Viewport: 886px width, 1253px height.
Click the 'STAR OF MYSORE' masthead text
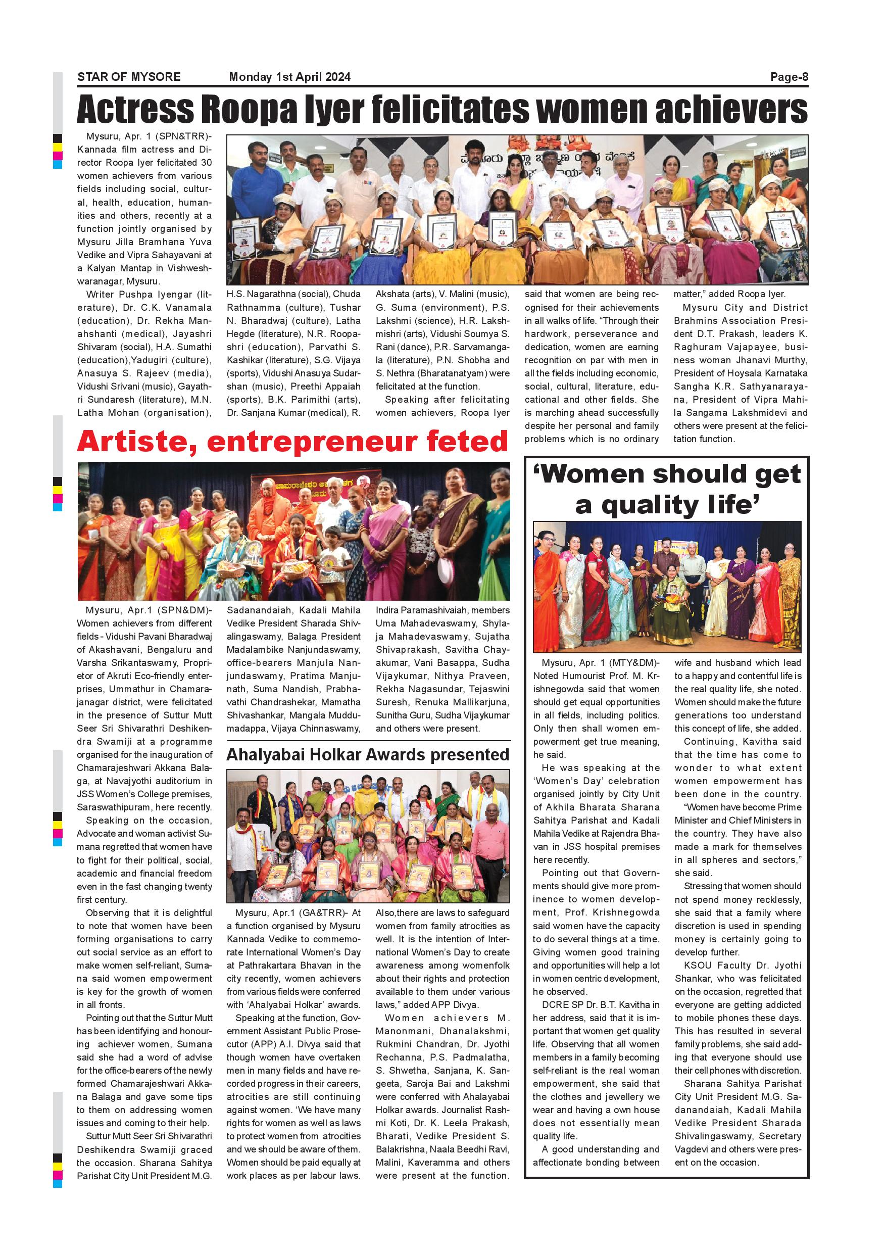pyautogui.click(x=129, y=77)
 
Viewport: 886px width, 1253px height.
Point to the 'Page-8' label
pyautogui.click(x=789, y=77)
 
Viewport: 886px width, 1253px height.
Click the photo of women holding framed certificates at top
pyautogui.click(x=517, y=210)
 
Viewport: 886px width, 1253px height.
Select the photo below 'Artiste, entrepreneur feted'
pyautogui.click(x=293, y=531)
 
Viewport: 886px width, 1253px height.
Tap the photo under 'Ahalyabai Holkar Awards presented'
pyautogui.click(x=368, y=836)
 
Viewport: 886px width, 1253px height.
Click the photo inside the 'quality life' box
pyautogui.click(x=667, y=587)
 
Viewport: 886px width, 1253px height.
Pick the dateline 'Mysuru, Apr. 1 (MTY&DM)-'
pyautogui.click(x=600, y=663)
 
